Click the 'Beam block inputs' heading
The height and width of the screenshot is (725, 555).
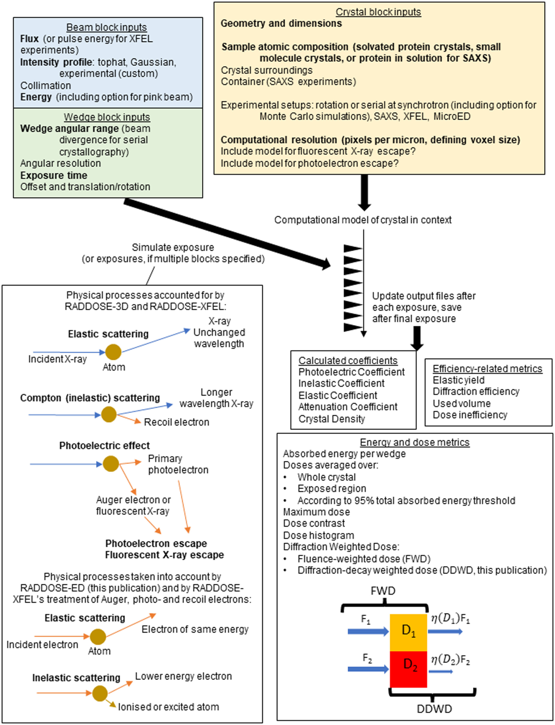pyautogui.click(x=106, y=27)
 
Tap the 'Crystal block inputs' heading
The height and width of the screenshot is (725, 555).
pyautogui.click(x=378, y=12)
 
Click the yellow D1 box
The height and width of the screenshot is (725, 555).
pyautogui.click(x=408, y=632)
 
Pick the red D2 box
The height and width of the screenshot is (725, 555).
pyautogui.click(x=408, y=669)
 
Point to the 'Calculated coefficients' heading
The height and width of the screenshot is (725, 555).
pyautogui.click(x=348, y=360)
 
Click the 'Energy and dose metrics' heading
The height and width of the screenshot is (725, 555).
pyautogui.click(x=415, y=442)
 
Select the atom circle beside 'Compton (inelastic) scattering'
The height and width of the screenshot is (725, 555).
pyautogui.click(x=109, y=414)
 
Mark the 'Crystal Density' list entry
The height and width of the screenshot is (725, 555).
pyautogui.click(x=332, y=419)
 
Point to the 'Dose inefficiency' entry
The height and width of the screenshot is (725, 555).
pyautogui.click(x=470, y=415)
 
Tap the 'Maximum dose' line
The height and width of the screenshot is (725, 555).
pyautogui.click(x=316, y=512)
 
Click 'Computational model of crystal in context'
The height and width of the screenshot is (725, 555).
pyautogui.click(x=363, y=220)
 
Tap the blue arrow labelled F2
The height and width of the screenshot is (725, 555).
pyautogui.click(x=368, y=669)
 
